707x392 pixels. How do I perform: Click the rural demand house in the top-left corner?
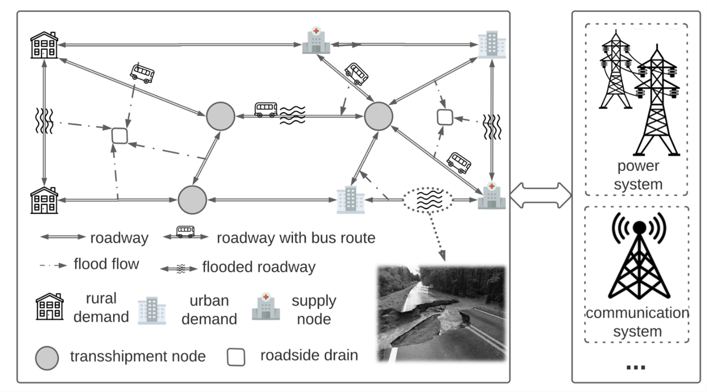pos(44,45)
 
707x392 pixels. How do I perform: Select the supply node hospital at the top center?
pos(316,40)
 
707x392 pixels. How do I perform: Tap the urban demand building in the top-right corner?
pos(492,45)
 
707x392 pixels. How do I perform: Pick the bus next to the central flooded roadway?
pos(265,109)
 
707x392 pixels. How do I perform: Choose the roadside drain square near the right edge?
pos(445,117)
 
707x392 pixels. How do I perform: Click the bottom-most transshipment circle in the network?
pos(192,200)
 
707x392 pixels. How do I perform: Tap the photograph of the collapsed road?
pos(441,314)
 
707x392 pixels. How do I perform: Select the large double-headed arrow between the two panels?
pos(540,196)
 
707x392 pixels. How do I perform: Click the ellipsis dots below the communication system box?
pos(635,367)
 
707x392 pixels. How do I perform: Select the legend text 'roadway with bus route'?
pos(296,238)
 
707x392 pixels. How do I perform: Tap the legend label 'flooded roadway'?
pos(259,267)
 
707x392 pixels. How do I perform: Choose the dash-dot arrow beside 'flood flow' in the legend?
pos(53,265)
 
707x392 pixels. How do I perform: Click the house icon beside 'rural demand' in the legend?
pos(49,307)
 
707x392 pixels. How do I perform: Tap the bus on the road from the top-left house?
pos(142,74)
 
